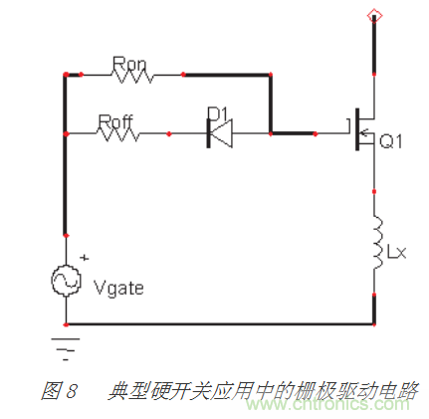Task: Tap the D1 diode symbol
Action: [x=216, y=132]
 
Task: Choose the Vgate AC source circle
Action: [x=66, y=282]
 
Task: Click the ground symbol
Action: [x=66, y=344]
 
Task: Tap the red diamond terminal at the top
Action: [x=374, y=14]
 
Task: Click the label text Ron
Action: [x=130, y=63]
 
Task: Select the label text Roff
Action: [x=116, y=119]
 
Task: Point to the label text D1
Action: [x=216, y=112]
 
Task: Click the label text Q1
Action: [x=389, y=142]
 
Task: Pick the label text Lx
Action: [x=396, y=254]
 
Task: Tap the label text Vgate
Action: [x=117, y=289]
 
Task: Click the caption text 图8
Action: [x=59, y=390]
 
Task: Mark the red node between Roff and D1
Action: [x=170, y=132]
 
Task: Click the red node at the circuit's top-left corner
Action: [x=66, y=75]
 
